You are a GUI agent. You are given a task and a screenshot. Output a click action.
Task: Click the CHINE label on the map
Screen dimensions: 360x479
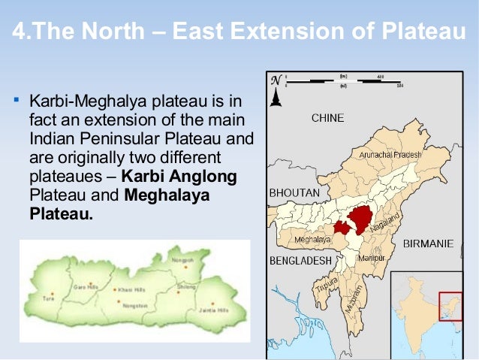(327, 118)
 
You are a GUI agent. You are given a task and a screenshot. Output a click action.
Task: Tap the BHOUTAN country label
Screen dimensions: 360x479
(295, 193)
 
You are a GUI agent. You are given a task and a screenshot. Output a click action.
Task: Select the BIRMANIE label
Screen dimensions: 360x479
(428, 244)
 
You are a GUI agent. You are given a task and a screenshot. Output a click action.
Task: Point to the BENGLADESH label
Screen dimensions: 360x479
(300, 260)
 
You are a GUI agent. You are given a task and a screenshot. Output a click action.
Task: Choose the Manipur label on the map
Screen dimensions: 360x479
(370, 258)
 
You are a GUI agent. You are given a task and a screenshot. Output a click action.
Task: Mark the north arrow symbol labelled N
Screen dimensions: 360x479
(276, 89)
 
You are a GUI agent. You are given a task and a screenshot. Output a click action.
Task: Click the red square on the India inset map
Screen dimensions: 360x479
(450, 306)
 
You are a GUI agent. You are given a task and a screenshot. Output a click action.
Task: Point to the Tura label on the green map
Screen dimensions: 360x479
(48, 298)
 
